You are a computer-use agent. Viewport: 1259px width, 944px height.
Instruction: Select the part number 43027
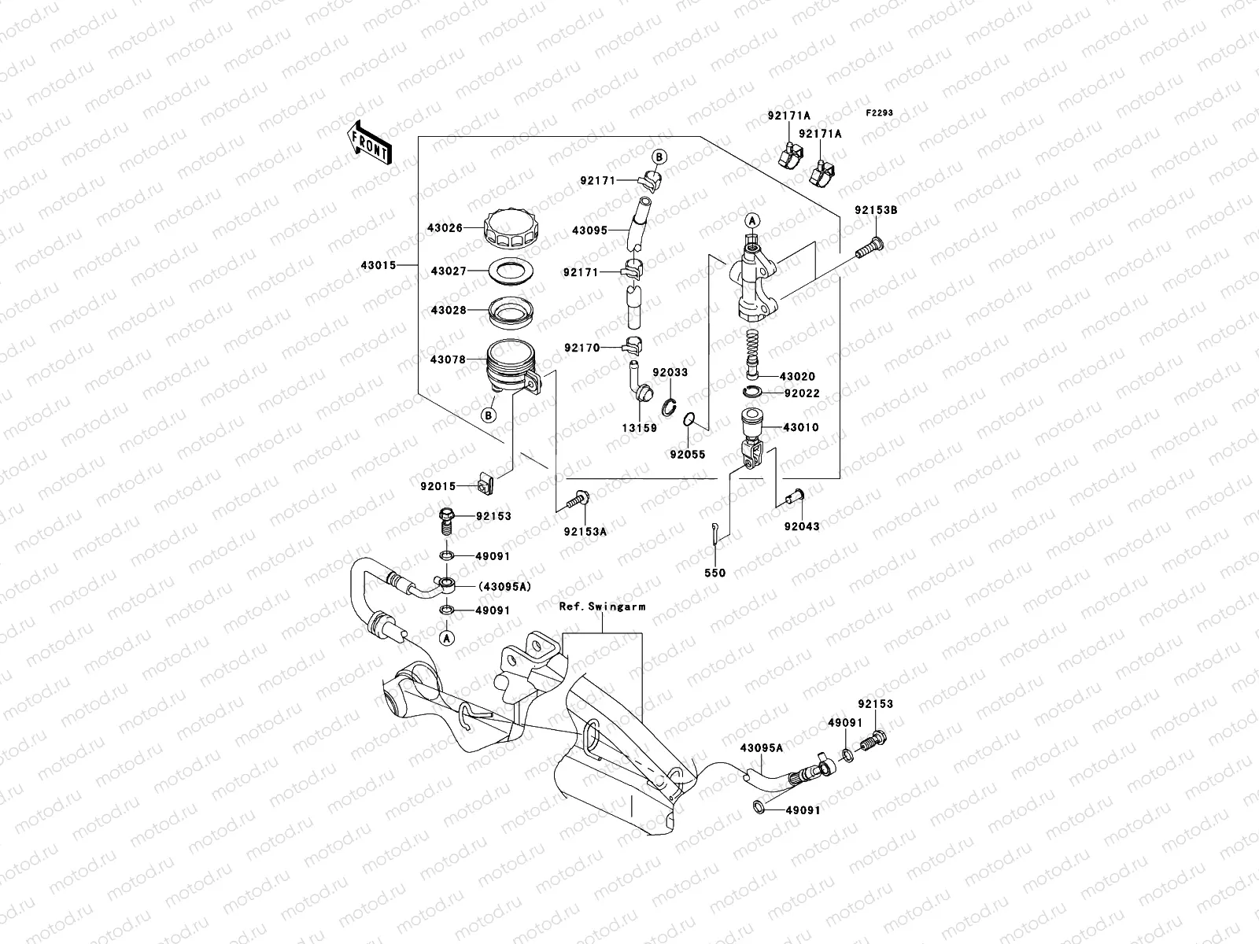click(449, 271)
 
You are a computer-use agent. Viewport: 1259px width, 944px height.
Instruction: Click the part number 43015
click(380, 265)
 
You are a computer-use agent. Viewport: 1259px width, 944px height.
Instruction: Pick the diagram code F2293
click(880, 113)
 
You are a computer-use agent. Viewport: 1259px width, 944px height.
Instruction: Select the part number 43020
click(799, 377)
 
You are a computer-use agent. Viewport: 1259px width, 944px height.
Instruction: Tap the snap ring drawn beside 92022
click(753, 393)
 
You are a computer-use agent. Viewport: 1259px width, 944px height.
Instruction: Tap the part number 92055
click(688, 455)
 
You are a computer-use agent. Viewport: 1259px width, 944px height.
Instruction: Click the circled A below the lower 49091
click(446, 638)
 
